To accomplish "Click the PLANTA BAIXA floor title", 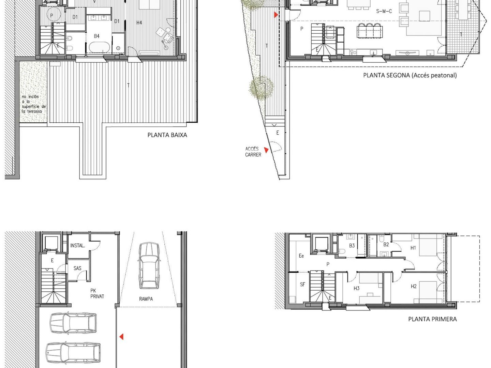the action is click(167, 135).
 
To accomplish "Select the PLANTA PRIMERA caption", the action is click(432, 319).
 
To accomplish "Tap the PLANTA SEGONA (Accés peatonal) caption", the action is click(410, 75).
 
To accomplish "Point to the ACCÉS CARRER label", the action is click(253, 152).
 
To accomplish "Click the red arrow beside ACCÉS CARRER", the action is click(266, 150).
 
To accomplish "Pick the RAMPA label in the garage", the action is click(146, 299).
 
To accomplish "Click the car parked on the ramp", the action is click(149, 266).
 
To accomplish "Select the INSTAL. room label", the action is click(78, 246).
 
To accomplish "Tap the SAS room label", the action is click(77, 268).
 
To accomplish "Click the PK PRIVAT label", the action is click(97, 294).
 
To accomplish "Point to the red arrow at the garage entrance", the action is click(121, 337).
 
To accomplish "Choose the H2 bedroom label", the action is click(414, 286).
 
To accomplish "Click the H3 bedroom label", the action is click(356, 289).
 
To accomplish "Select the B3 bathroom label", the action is click(352, 246).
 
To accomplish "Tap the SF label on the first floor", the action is click(302, 285).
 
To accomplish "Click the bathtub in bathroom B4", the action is click(99, 48).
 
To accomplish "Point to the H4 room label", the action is click(139, 22).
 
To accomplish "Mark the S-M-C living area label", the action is click(384, 11).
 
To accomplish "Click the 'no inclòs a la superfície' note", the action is click(34, 104).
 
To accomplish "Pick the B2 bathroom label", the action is click(386, 244).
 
